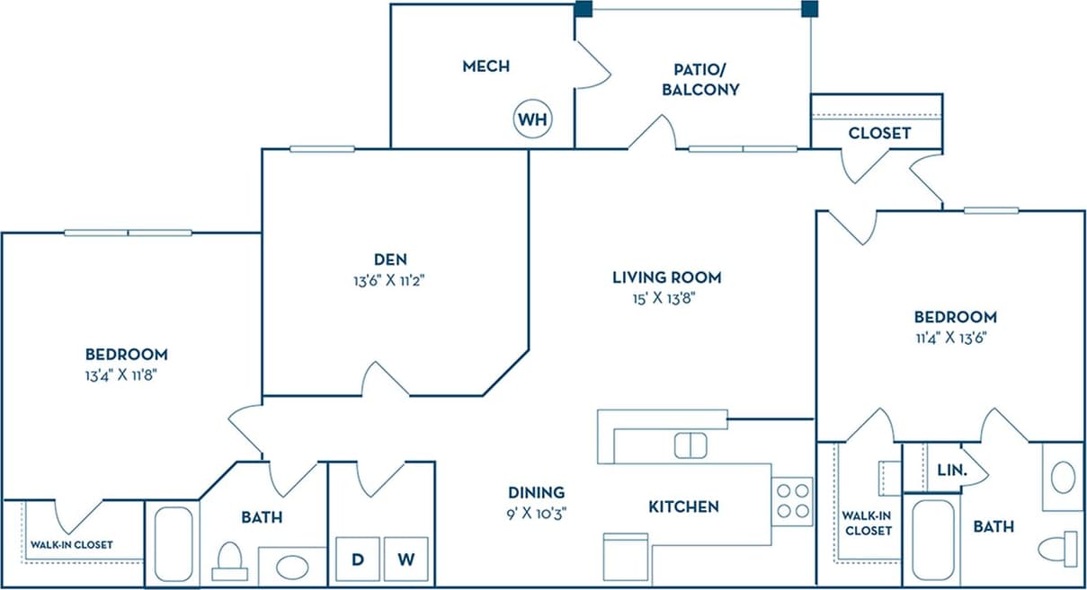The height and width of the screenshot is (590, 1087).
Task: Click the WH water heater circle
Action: [x=532, y=119]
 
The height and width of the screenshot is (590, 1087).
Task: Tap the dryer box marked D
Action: [x=358, y=559]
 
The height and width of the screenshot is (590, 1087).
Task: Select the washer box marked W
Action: [x=406, y=559]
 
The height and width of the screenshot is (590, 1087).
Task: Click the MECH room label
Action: [x=486, y=66]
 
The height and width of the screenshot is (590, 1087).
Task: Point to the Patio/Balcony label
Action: [x=700, y=79]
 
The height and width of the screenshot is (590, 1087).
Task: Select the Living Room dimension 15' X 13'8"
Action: [x=666, y=298]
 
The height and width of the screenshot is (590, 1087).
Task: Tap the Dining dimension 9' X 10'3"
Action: [x=536, y=513]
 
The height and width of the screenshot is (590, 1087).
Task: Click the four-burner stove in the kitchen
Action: [x=792, y=501]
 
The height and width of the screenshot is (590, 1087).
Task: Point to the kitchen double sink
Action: [x=691, y=445]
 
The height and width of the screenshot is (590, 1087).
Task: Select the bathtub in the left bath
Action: [x=172, y=544]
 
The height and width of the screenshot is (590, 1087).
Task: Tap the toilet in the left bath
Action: [x=231, y=561]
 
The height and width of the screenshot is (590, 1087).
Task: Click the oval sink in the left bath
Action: [x=291, y=568]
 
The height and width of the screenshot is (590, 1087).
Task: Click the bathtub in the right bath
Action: [x=933, y=542]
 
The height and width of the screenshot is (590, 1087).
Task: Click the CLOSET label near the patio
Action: [x=879, y=133]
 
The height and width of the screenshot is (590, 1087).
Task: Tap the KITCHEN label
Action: [x=683, y=507]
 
